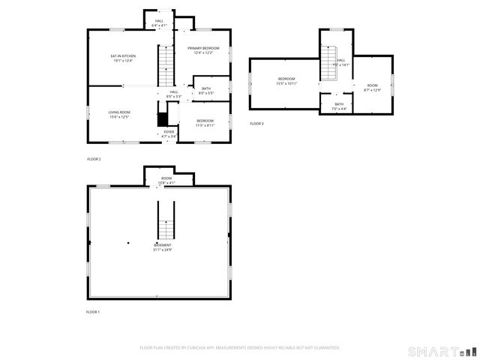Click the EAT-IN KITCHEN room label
point(122,56)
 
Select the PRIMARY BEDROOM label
point(203,48)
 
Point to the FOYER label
point(169,132)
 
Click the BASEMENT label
point(163,245)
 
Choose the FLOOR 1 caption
point(93,311)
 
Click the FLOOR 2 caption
point(94,159)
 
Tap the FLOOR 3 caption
point(257,123)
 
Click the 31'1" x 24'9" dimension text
point(163,250)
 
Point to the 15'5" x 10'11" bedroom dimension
point(287,83)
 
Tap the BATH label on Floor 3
point(339,104)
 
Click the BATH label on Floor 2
point(206,88)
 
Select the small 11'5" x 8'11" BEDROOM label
point(205,121)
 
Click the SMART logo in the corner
point(442,351)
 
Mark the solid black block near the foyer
point(161,119)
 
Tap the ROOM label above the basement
point(166,178)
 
